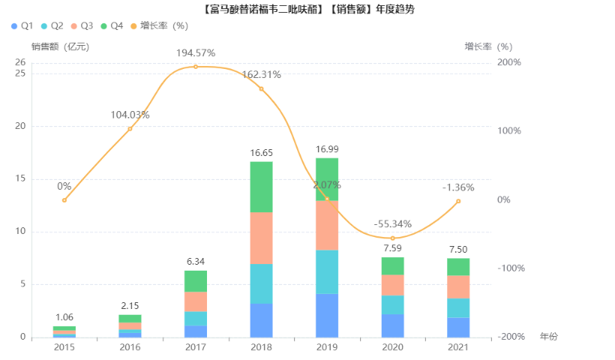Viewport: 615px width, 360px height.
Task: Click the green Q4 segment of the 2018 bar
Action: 261,187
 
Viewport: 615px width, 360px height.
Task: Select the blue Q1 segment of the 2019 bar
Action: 327,315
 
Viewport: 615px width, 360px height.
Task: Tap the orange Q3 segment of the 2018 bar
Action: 261,238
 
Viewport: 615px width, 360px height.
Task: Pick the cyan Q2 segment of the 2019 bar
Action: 327,271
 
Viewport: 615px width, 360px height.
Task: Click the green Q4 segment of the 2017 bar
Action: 196,281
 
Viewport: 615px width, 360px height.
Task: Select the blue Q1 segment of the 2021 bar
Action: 458,327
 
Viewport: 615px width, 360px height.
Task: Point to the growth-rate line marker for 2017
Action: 196,67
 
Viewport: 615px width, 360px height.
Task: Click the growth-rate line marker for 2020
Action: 392,238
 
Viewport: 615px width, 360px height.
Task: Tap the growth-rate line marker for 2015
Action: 64,200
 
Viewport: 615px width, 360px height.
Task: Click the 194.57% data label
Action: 196,53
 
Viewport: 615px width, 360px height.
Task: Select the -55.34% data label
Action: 392,223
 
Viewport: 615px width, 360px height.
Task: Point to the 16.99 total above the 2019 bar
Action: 327,149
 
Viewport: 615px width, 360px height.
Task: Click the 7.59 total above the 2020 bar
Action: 392,248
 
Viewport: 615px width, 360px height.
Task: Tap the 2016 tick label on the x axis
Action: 130,349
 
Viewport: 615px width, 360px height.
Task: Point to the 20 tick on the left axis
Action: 21,126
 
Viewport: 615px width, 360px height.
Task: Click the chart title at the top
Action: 307,9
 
